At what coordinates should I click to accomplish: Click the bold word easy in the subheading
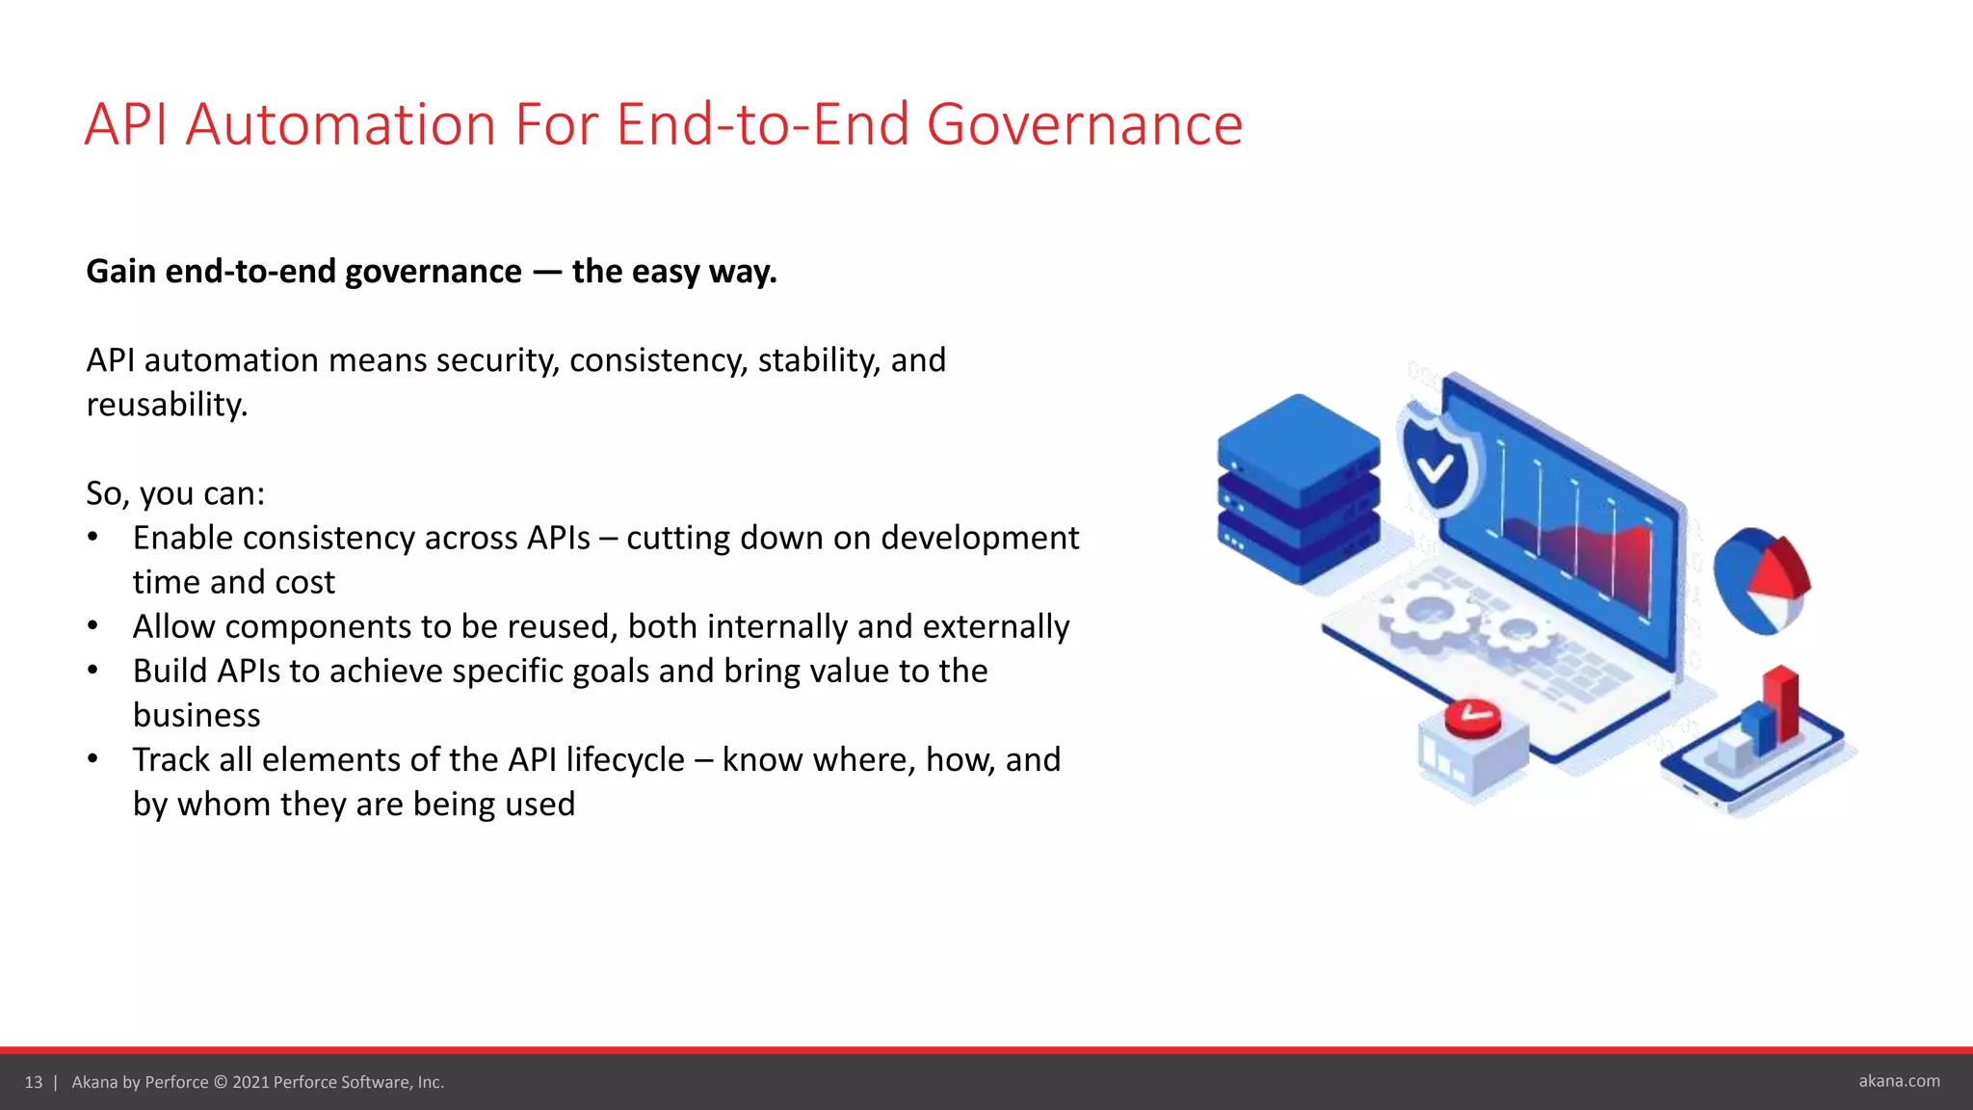(x=664, y=272)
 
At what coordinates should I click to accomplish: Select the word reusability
(x=166, y=405)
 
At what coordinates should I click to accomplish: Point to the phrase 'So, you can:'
(x=175, y=493)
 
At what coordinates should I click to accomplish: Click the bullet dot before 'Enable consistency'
(x=92, y=538)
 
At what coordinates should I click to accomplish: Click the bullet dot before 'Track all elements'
(x=92, y=759)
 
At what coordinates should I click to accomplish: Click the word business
(x=197, y=715)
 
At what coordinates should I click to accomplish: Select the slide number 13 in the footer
(x=34, y=1082)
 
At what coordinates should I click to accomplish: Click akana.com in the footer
(x=1899, y=1081)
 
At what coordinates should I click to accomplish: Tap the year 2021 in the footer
(x=250, y=1082)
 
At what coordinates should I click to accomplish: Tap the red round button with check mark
(x=1472, y=718)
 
